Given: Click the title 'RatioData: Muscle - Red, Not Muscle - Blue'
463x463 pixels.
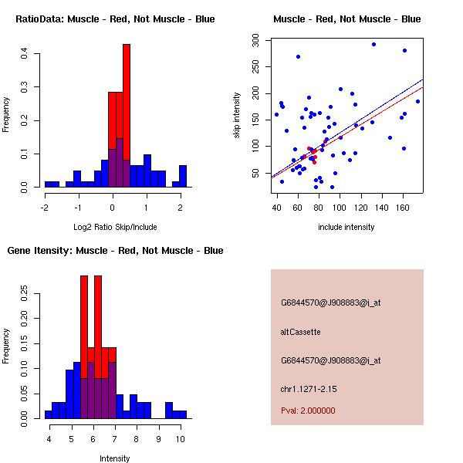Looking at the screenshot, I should coord(116,19).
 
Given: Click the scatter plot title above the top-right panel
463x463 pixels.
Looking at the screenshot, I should coord(347,19).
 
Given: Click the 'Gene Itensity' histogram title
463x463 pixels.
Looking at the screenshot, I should coord(116,250).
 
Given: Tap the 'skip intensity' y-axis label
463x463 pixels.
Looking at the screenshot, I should coord(238,116).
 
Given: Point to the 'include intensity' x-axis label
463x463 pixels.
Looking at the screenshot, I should coord(347,227).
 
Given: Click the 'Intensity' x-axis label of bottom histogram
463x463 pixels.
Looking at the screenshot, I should coord(115,458).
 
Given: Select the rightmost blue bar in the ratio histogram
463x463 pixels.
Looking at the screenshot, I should coord(183,176).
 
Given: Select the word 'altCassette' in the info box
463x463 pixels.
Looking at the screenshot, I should coord(301,332).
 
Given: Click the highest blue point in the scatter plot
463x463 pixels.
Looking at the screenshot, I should coord(373,44).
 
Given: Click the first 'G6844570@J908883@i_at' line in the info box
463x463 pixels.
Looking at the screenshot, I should coord(331,302).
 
